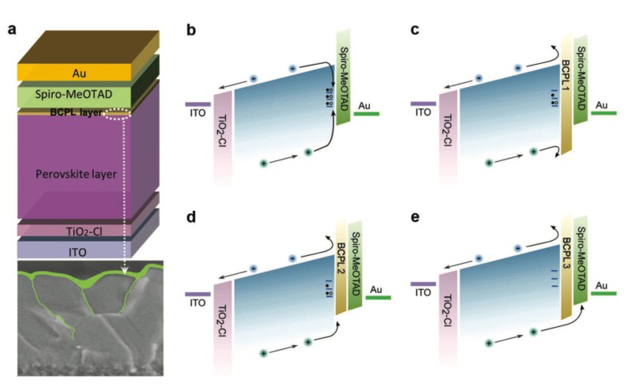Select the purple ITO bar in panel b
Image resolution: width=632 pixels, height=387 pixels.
pyautogui.click(x=197, y=103)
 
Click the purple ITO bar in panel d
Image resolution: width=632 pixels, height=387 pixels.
pyautogui.click(x=197, y=294)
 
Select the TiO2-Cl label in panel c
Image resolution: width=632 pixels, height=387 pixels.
pyautogui.click(x=447, y=131)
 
